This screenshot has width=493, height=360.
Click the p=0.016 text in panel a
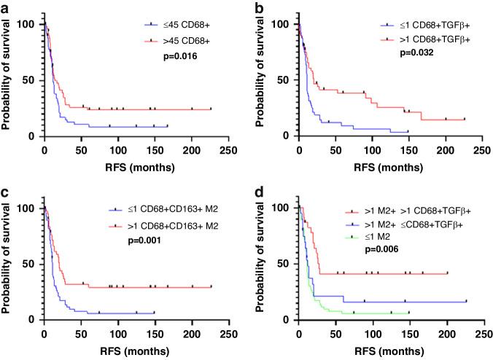pyautogui.click(x=180, y=54)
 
